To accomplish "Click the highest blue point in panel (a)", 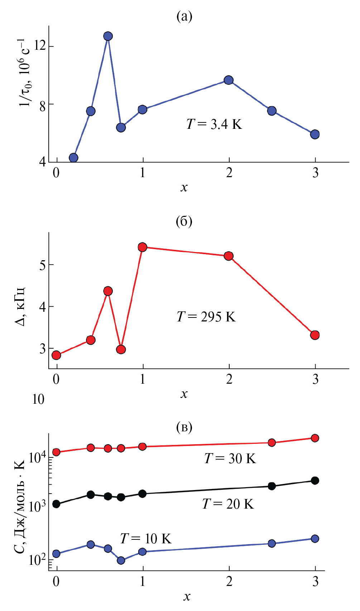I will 108,36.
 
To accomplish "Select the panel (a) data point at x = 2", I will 229,80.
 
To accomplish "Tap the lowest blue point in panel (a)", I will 73,157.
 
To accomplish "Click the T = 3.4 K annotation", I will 214,124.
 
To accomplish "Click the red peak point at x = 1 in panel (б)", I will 143,247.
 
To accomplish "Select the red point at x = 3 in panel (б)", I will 315,335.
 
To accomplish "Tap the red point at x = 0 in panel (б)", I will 56,355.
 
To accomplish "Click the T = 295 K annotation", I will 206,317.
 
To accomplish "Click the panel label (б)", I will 184,222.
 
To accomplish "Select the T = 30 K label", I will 230,459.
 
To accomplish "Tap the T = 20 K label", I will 228,504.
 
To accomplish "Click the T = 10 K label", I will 145,538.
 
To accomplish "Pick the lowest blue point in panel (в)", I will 121,560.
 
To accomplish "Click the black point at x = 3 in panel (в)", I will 315,480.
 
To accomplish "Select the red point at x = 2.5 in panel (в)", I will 272,443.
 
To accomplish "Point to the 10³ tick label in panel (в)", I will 37,506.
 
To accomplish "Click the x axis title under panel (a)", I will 184,187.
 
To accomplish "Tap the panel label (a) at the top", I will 184,16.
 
